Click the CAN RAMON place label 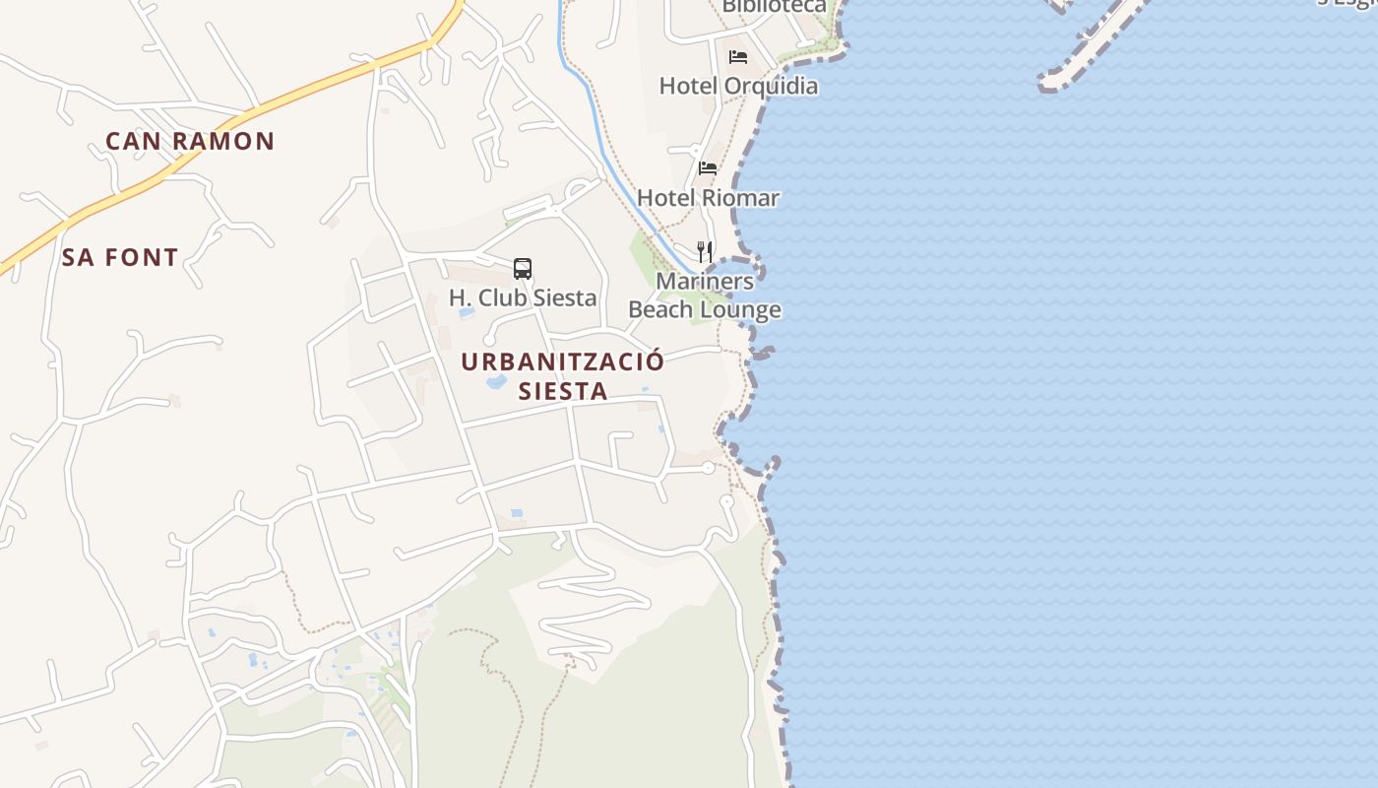[190, 141]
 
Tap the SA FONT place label [120, 258]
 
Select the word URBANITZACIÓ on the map [563, 361]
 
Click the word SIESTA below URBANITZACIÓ [563, 391]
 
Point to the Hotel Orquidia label [738, 86]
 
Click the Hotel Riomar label [708, 198]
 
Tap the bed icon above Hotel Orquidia [738, 57]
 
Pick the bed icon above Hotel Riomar [708, 168]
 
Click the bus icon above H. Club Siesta [523, 269]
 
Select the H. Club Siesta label [523, 297]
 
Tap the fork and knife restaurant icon [705, 252]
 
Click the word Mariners [705, 282]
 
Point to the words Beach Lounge [705, 310]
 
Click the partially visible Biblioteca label [774, 6]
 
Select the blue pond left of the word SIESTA [496, 381]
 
